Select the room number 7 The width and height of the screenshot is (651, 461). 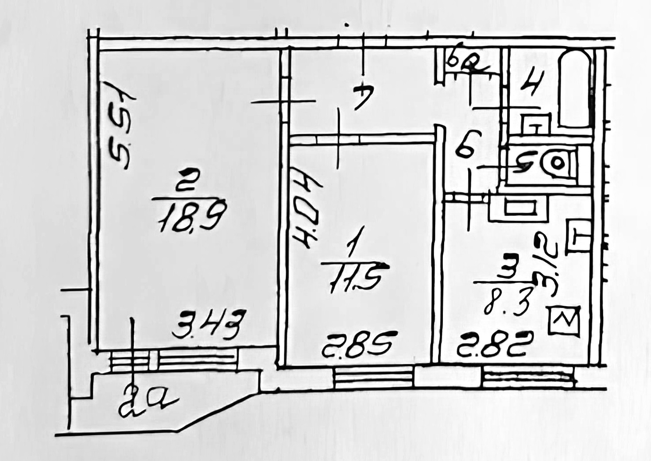[x=363, y=97]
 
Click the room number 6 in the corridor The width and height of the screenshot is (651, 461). [x=465, y=146]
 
